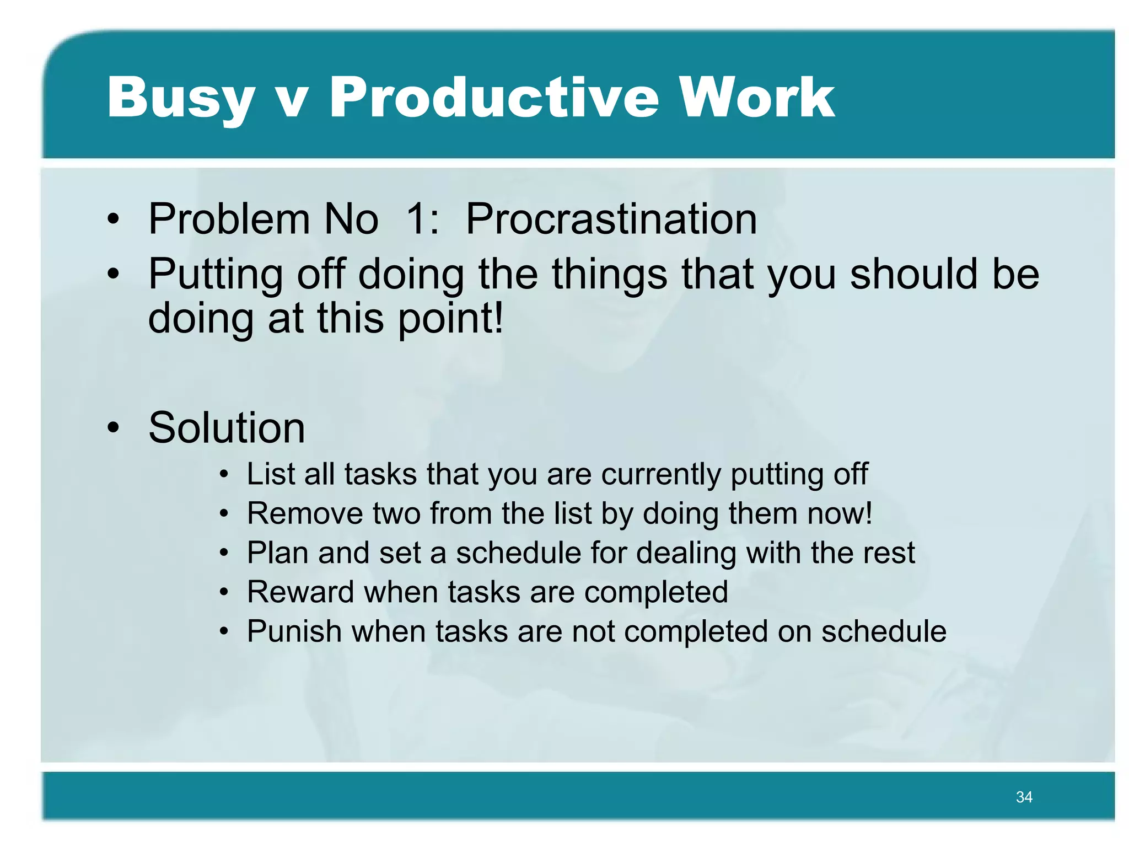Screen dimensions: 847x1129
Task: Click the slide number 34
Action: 1024,797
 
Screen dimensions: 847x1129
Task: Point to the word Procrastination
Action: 611,219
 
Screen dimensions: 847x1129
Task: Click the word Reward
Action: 300,592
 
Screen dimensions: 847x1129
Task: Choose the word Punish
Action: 294,631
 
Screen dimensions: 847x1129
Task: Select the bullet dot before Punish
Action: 223,632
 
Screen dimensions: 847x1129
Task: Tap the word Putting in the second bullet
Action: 216,275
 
